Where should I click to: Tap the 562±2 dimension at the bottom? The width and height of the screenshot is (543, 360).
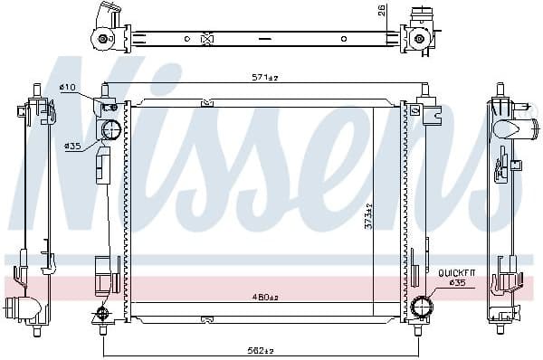pos(262,351)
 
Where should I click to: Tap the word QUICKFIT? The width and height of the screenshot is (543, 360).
pos(456,271)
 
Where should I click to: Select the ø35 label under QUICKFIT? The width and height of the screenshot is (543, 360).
pos(458,282)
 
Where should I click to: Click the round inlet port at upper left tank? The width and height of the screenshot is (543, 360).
pos(110,130)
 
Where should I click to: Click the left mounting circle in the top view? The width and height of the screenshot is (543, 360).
pos(103,39)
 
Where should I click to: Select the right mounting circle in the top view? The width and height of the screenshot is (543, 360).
pos(419,39)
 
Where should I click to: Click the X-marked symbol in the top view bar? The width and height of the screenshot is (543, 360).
pos(206,39)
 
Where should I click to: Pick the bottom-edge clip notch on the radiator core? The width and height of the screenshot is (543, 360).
pos(206,317)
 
